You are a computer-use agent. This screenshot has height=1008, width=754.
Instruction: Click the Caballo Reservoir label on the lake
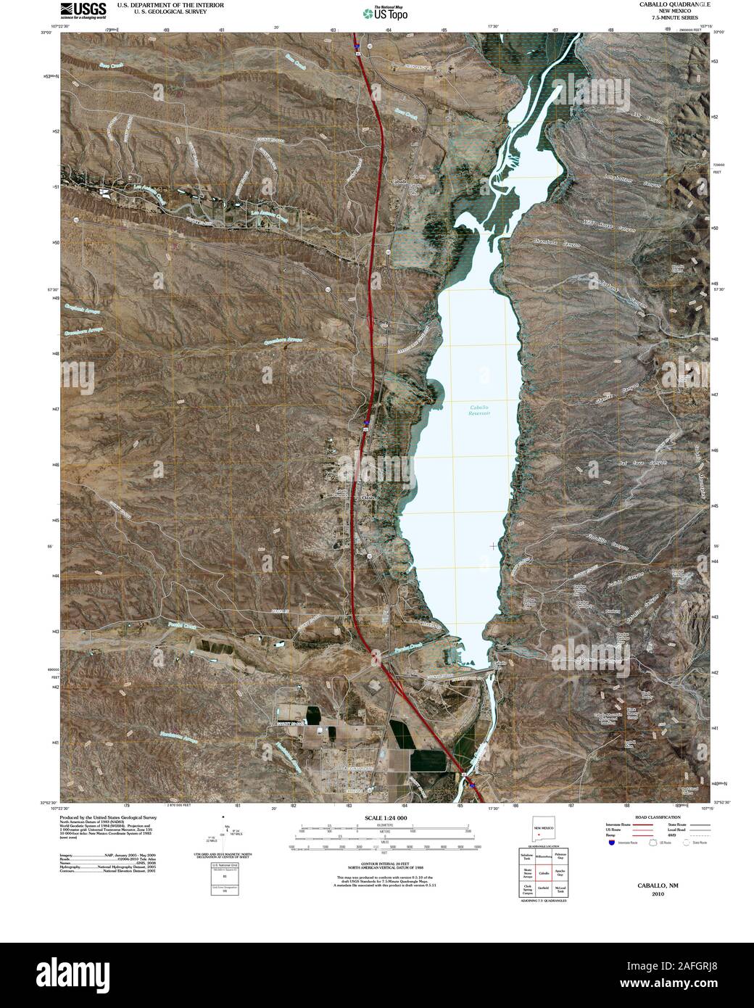tap(476, 411)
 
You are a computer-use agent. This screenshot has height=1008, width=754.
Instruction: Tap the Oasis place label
tap(368, 498)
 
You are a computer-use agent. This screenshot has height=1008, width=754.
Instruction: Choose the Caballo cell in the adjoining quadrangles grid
tap(543, 875)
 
